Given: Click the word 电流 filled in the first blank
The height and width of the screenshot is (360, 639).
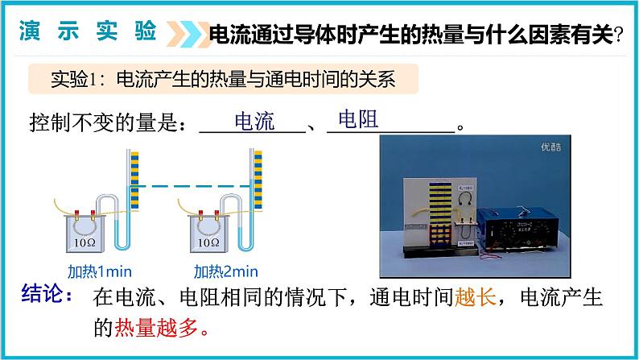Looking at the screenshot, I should pyautogui.click(x=254, y=122).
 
